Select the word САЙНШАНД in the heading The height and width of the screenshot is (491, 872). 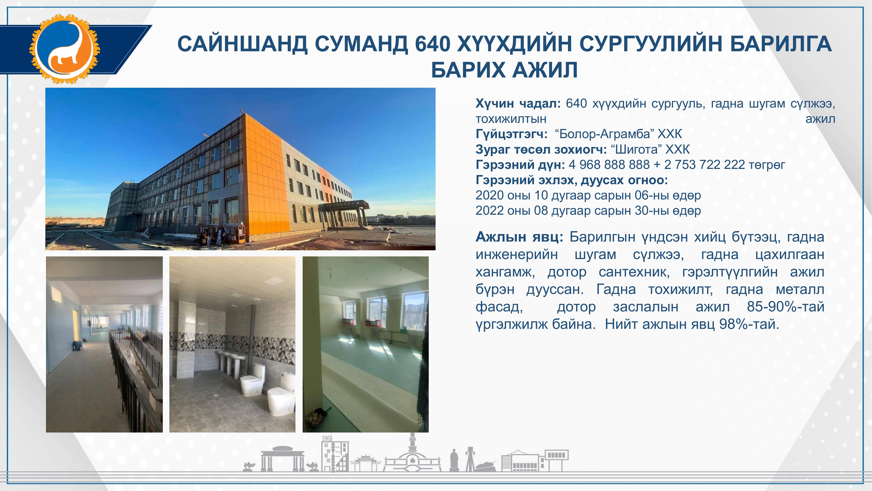(242, 44)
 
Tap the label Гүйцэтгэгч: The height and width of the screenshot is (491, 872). (511, 134)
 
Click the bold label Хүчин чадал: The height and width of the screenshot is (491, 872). (518, 104)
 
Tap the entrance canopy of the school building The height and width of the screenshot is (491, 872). (343, 205)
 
